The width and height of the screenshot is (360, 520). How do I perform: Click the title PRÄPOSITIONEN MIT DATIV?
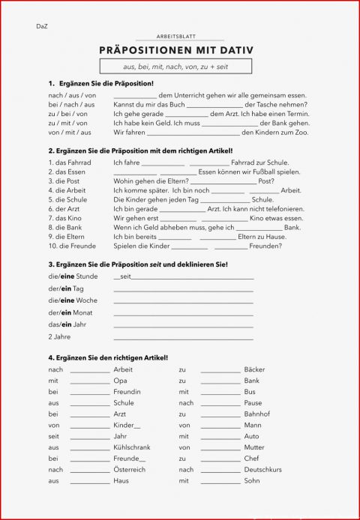tap(176, 51)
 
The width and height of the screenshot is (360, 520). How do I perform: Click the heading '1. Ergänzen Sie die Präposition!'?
tap(100, 83)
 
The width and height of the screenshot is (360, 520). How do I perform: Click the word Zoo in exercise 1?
tap(301, 132)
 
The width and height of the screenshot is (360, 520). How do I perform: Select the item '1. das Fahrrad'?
tap(70, 163)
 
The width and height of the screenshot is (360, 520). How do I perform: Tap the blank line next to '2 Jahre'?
tap(183, 337)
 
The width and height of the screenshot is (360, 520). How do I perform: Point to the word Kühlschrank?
tap(132, 447)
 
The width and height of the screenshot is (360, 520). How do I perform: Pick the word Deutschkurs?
tap(262, 470)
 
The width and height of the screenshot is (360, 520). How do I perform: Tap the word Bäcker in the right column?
tap(254, 369)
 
